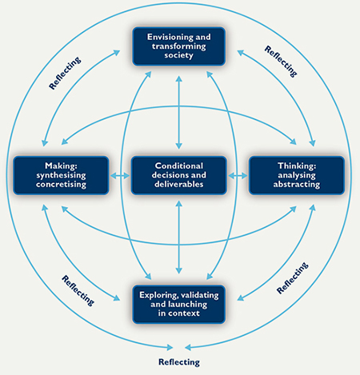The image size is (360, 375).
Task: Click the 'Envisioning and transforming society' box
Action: click(x=179, y=46)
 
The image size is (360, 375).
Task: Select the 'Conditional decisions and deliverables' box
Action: click(x=179, y=175)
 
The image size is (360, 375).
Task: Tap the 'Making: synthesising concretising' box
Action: click(x=61, y=175)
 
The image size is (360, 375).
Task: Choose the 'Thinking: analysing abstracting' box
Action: click(x=297, y=175)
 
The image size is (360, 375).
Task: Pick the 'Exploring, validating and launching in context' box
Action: click(x=179, y=304)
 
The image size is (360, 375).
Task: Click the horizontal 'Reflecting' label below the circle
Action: click(x=179, y=362)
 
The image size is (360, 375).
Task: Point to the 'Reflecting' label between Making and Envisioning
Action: click(x=65, y=73)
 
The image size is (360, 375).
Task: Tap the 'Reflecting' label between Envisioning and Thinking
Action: click(x=281, y=62)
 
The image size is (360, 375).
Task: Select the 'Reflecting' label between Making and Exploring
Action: click(x=78, y=290)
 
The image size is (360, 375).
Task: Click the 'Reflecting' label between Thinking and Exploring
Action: click(x=293, y=278)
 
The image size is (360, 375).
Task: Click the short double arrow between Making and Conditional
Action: click(x=120, y=176)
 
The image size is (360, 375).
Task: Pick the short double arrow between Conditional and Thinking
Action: click(x=238, y=176)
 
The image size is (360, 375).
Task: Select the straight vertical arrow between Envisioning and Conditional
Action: click(x=179, y=113)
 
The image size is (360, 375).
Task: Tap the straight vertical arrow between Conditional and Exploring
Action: click(x=179, y=237)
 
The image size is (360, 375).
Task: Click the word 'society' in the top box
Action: click(x=178, y=55)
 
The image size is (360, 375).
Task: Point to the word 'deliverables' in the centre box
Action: click(x=179, y=184)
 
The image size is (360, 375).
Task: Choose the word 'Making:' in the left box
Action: click(x=61, y=166)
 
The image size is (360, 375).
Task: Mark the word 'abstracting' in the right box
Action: click(x=297, y=185)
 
